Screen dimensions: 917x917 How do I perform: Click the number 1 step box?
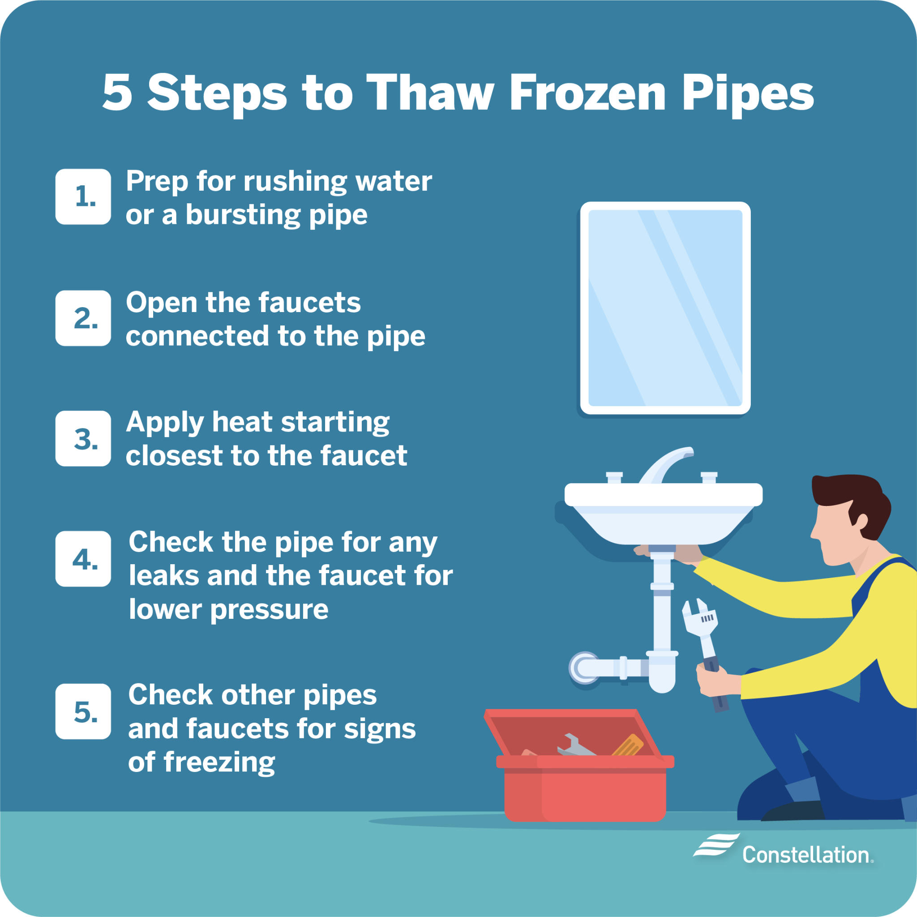(x=83, y=197)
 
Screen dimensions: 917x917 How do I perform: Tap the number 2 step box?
(x=83, y=318)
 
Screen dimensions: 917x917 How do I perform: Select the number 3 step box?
(x=83, y=438)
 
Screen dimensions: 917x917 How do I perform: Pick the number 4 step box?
(x=83, y=559)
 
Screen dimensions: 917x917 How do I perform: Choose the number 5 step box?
(x=83, y=711)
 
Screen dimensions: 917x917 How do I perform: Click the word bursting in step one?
(x=243, y=214)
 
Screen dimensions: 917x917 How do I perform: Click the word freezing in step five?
(x=219, y=763)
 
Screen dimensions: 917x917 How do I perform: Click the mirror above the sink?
(x=665, y=308)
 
